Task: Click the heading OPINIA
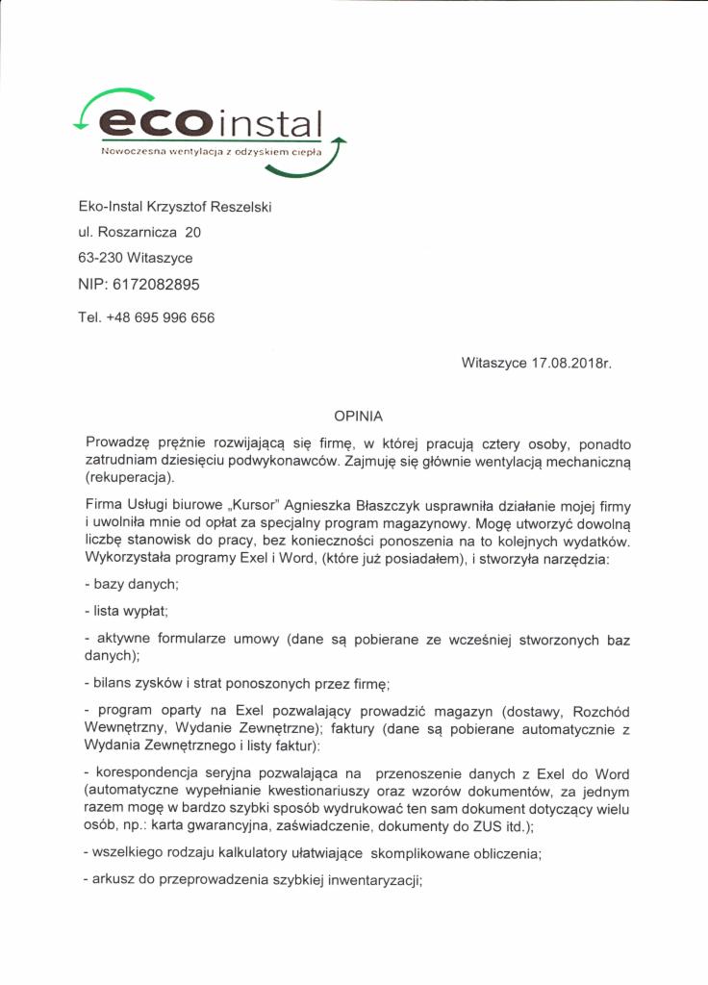(x=358, y=417)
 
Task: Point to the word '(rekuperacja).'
(x=130, y=476)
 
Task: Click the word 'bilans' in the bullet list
(x=113, y=685)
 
